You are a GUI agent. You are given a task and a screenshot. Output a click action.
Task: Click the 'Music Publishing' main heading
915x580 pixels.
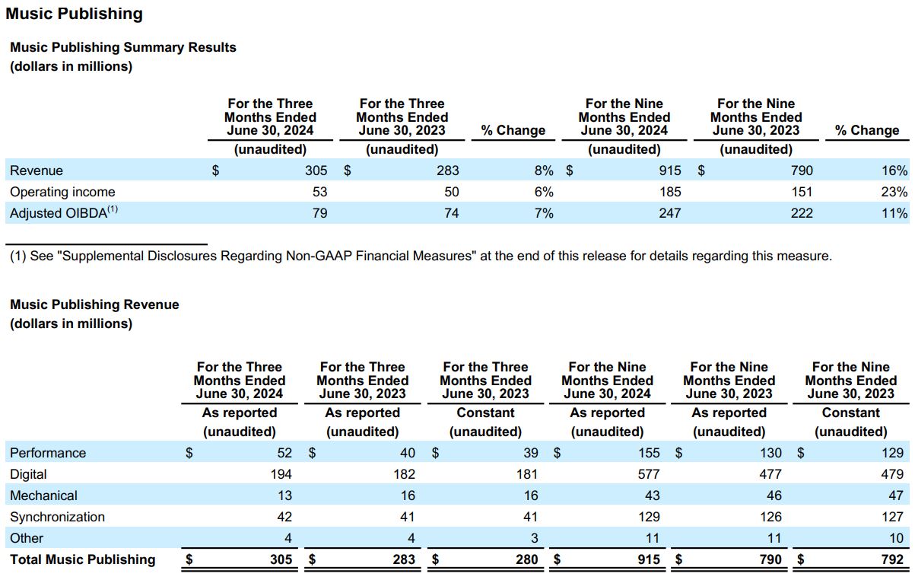click(x=74, y=14)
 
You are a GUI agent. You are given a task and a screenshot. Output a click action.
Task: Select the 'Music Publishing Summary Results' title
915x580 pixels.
click(x=123, y=47)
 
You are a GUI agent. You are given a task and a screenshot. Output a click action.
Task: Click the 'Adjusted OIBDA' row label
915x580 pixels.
click(x=59, y=213)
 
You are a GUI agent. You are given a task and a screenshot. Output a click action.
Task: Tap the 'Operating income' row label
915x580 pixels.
click(x=62, y=192)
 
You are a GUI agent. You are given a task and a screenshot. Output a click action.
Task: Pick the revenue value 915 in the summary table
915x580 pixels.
click(x=670, y=170)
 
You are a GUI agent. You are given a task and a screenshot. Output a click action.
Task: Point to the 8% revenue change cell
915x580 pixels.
click(x=544, y=170)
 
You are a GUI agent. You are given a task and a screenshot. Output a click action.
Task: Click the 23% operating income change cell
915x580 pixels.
click(x=894, y=192)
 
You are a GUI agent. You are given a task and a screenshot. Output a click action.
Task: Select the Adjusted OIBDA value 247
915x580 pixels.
click(x=670, y=213)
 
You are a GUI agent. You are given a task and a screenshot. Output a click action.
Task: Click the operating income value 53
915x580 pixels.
click(x=320, y=192)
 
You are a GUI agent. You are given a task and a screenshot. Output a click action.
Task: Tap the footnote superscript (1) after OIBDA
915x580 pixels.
click(x=113, y=209)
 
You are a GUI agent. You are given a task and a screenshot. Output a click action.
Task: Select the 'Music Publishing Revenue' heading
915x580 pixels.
click(x=94, y=304)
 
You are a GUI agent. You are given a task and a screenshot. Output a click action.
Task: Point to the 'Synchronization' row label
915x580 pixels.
click(x=57, y=517)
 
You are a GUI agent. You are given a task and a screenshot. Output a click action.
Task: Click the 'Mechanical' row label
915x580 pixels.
click(x=43, y=496)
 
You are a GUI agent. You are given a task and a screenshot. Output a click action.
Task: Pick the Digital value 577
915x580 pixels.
click(x=649, y=474)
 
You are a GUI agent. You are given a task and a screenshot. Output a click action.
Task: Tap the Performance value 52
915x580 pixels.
click(x=284, y=453)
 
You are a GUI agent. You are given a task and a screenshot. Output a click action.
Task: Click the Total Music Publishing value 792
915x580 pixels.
click(x=892, y=559)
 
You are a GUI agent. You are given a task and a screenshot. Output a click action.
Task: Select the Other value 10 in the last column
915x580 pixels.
click(x=897, y=538)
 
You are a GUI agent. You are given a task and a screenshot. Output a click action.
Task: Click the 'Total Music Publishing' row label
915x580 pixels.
click(x=82, y=559)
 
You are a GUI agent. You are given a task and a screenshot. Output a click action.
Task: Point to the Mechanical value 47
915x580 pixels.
click(x=896, y=496)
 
